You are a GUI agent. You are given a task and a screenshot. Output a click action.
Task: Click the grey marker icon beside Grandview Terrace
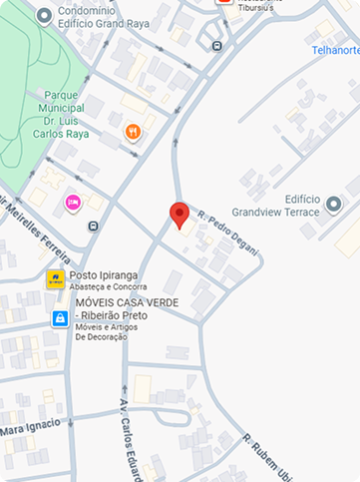tap(334, 205)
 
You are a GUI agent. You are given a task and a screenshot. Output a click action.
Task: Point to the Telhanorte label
tap(334, 49)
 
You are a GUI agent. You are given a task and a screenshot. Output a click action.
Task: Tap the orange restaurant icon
tap(133, 132)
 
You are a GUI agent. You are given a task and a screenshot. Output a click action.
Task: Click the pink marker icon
tap(72, 204)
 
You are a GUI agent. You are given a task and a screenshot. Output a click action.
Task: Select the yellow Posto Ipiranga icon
tap(56, 278)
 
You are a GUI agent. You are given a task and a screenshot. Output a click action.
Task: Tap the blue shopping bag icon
tap(61, 319)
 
